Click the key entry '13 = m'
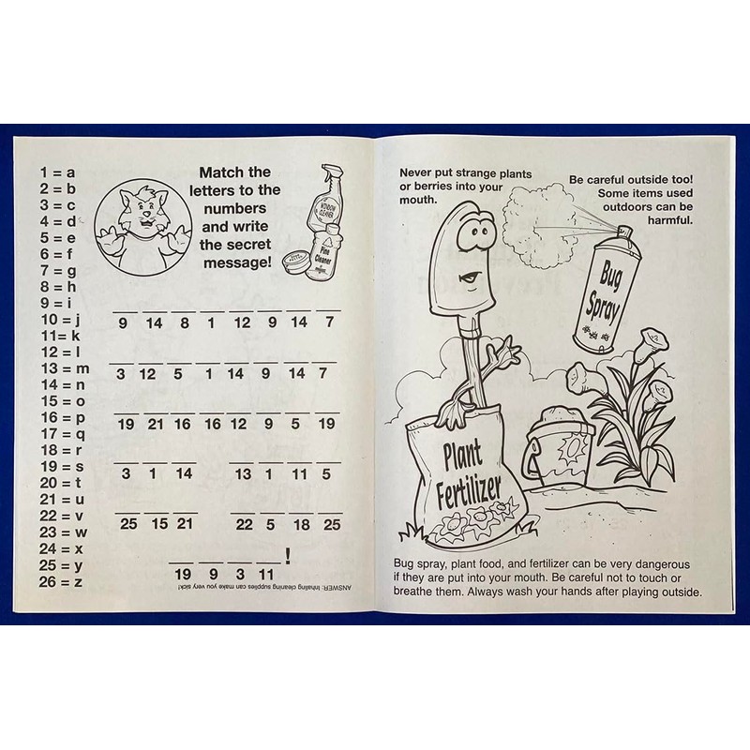click(x=64, y=368)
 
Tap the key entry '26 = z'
click(x=62, y=581)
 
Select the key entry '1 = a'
click(x=57, y=172)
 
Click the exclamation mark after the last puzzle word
click(x=287, y=555)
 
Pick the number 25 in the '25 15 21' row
click(x=128, y=524)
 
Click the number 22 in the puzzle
click(x=244, y=524)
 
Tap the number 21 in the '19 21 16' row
click(x=156, y=424)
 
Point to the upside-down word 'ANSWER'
click(x=339, y=588)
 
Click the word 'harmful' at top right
click(x=667, y=221)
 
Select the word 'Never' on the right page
click(x=418, y=172)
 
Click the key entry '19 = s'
click(x=62, y=467)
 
